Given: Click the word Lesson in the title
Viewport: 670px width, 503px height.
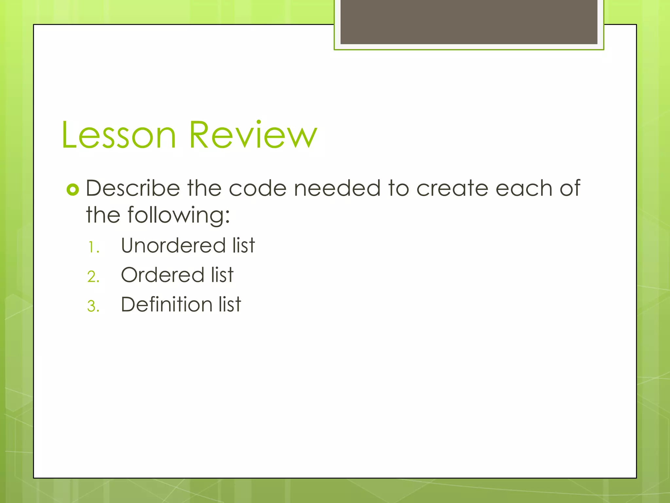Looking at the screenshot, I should (119, 135).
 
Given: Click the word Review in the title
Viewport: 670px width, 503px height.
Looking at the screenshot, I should (253, 135).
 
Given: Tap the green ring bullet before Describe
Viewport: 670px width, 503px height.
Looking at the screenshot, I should (73, 190).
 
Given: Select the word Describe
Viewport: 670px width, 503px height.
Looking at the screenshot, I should (133, 188).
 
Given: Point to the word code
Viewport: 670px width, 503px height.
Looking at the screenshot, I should (257, 188).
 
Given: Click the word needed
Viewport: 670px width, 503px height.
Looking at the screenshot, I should (337, 188).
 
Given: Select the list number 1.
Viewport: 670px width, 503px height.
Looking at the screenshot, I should (93, 248).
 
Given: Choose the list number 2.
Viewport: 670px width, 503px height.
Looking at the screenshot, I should (93, 277).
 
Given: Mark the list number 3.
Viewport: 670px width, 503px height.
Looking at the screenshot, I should (93, 307).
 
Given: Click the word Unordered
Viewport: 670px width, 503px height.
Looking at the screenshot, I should (173, 246).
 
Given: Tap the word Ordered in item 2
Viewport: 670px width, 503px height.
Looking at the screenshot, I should (163, 275).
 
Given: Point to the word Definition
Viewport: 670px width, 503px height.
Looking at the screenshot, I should (167, 305).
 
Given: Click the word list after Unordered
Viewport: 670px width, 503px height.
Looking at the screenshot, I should (243, 246).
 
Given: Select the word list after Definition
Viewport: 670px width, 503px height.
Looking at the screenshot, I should (230, 305).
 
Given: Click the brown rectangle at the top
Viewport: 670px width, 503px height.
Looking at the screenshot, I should (469, 22).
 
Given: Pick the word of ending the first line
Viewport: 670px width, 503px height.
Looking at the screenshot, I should (570, 188).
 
